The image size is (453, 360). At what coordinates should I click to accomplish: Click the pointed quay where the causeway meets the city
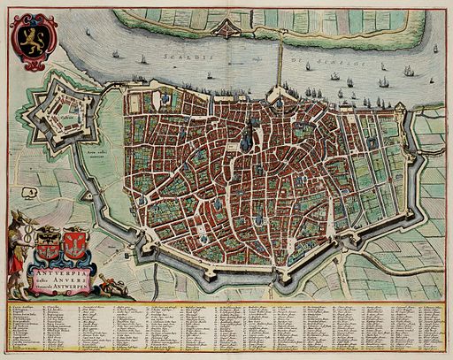[x=281, y=94]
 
